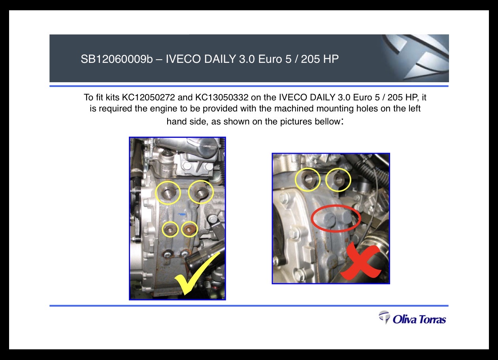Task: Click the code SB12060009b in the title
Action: pos(117,59)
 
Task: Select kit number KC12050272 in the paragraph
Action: pos(149,97)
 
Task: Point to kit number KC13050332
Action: pos(222,97)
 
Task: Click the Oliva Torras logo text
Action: pos(419,320)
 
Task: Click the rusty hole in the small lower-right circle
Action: pos(189,229)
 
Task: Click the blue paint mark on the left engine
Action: pos(182,214)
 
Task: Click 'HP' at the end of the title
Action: pos(331,59)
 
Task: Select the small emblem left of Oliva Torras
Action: pos(385,317)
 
